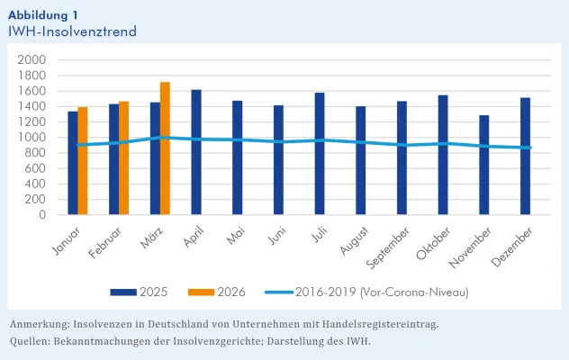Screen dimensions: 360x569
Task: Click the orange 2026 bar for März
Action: pos(165,148)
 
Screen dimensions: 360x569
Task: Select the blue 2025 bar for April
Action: pos(196,152)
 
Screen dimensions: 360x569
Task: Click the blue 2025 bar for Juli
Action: pos(320,154)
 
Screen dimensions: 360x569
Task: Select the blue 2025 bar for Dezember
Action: pos(525,157)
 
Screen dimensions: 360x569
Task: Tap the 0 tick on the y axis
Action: pos(41,215)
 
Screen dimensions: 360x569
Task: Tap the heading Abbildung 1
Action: pos(42,13)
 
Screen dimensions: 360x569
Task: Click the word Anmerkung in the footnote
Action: pos(40,323)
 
